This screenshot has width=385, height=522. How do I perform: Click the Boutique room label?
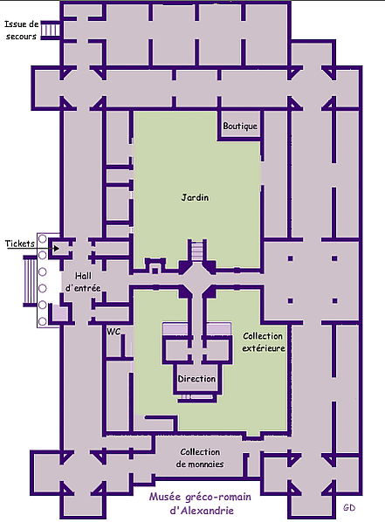click(240, 127)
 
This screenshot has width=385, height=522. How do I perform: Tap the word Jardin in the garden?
click(196, 197)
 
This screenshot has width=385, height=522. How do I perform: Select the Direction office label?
click(196, 379)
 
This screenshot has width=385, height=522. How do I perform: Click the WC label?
click(113, 332)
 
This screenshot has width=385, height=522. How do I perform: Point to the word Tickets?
click(20, 244)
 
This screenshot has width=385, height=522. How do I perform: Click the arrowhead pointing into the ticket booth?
click(57, 249)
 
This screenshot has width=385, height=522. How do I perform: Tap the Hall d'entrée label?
click(83, 282)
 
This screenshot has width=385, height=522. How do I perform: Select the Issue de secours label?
click(21, 31)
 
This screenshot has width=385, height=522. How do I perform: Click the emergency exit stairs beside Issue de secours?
click(51, 31)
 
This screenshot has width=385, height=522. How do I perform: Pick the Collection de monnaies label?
click(200, 458)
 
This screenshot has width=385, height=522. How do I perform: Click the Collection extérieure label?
click(263, 342)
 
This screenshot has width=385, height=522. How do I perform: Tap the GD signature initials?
click(349, 508)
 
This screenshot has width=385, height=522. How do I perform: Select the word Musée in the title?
click(162, 497)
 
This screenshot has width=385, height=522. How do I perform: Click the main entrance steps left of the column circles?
click(30, 280)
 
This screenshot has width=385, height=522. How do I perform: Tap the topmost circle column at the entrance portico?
click(42, 238)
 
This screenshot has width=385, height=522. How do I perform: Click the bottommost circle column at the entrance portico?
click(42, 321)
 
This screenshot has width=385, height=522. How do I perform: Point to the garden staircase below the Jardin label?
click(197, 252)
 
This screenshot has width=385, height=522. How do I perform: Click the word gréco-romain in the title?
click(214, 498)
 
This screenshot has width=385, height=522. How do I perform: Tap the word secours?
click(21, 37)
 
